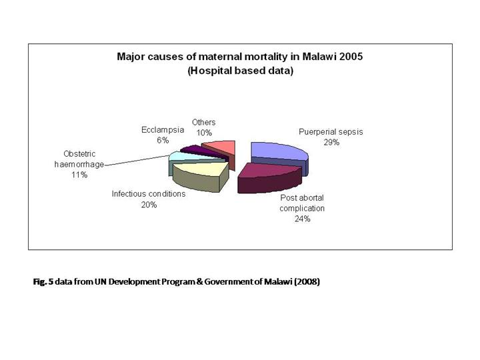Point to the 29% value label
(331, 143)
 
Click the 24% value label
(302, 219)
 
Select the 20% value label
(149, 205)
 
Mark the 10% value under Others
(204, 133)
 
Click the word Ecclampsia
(163, 129)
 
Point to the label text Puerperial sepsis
(331, 132)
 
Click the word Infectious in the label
(129, 195)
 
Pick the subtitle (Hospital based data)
(240, 70)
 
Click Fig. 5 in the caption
(43, 282)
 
